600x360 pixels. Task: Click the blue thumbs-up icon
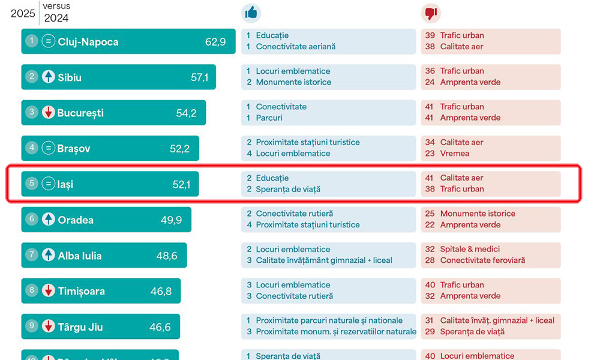coord(251,13)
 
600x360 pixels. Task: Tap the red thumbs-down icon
coord(431,13)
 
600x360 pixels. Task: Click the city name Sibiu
coord(70,77)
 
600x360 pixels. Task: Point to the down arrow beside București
coord(49,113)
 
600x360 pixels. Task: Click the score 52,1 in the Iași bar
coord(181,184)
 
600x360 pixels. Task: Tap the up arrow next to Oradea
coord(49,220)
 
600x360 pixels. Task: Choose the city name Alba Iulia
coord(80,256)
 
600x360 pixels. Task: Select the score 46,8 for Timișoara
coord(161,291)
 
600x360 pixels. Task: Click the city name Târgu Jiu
coord(80,327)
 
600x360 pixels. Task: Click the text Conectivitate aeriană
coord(296,47)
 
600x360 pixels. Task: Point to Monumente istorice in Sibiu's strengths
coord(293,82)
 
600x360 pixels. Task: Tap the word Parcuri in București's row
coord(269,118)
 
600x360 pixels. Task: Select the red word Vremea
coord(455,154)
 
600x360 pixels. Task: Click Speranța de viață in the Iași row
coord(288,189)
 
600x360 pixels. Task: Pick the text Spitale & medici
coord(470,249)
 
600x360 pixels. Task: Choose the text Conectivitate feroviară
coord(482,260)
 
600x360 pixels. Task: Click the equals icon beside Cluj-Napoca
coord(49,42)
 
